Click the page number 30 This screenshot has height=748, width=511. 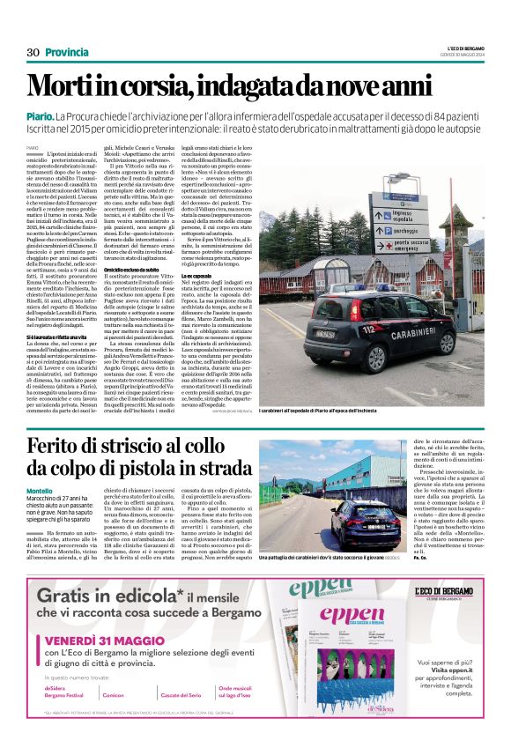tap(33, 52)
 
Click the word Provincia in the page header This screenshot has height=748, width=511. tap(67, 52)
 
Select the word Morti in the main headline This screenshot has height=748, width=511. tap(66, 86)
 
